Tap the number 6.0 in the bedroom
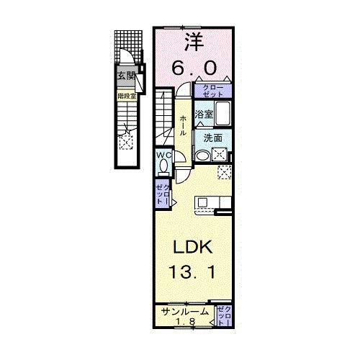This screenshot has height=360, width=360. [x=193, y=67]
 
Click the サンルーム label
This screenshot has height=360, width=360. [x=184, y=312]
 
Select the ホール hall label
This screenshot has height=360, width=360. [x=184, y=123]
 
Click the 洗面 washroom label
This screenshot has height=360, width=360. [x=212, y=138]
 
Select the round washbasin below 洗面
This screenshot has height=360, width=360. [x=202, y=156]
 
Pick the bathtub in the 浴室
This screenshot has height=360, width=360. [x=222, y=114]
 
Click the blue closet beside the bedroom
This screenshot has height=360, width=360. [x=214, y=91]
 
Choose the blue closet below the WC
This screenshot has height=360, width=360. [x=162, y=194]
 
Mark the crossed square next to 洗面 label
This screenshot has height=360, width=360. [x=221, y=153]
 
